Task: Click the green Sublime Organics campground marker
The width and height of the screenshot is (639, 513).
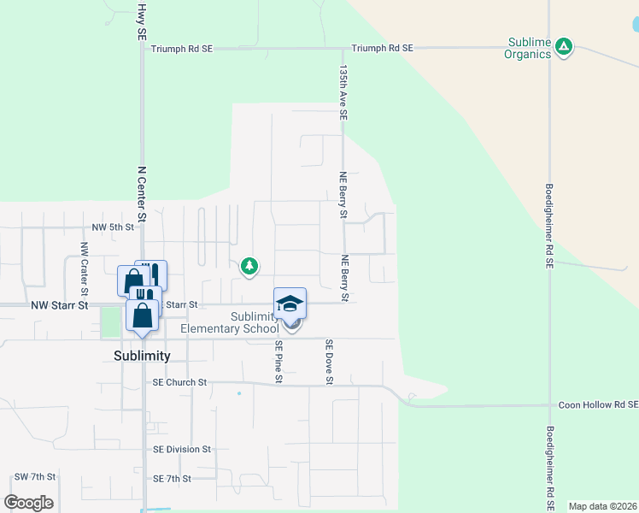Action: click(563, 46)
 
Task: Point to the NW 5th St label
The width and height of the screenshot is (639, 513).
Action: click(114, 227)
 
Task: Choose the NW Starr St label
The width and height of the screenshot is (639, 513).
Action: click(61, 304)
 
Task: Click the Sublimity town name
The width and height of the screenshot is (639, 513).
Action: click(143, 356)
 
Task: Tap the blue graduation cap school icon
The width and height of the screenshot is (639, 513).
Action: click(290, 303)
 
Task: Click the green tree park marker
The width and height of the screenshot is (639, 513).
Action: click(249, 267)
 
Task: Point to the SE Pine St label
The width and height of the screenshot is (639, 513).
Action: click(278, 360)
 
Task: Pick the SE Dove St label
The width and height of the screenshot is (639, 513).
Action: click(328, 361)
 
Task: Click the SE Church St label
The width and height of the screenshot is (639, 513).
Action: click(179, 382)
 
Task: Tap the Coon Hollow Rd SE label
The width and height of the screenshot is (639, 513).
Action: click(598, 405)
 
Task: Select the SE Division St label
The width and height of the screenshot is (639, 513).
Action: click(182, 449)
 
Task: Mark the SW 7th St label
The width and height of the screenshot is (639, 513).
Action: click(35, 476)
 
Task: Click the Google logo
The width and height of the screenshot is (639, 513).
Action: click(29, 502)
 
